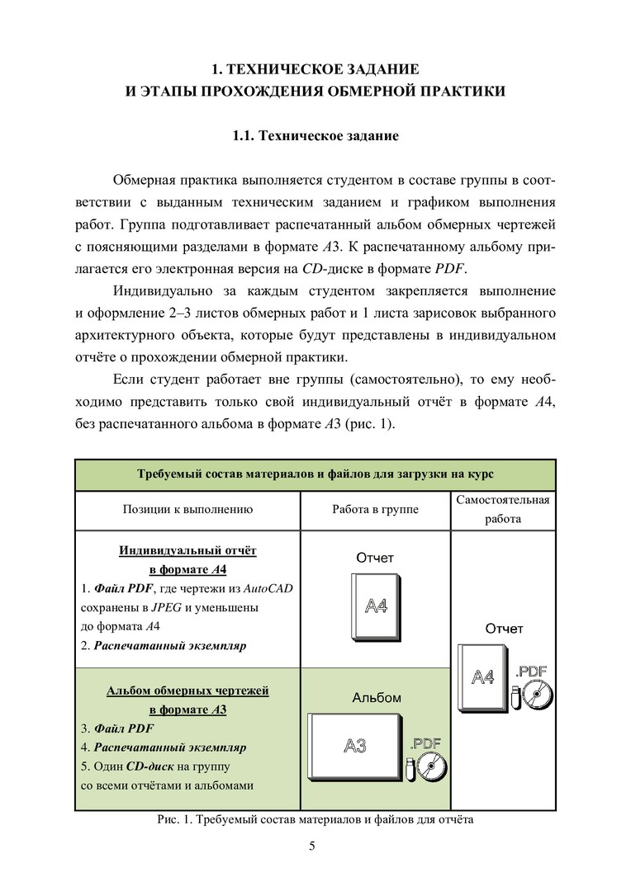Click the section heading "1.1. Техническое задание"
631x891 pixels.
(315, 136)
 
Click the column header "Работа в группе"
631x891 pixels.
(375, 510)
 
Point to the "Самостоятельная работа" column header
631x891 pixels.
(503, 510)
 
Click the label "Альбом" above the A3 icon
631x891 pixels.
(377, 698)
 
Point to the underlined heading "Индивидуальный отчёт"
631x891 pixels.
(187, 549)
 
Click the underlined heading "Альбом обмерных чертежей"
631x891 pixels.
(187, 690)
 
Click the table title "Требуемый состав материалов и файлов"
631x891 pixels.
(315, 474)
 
